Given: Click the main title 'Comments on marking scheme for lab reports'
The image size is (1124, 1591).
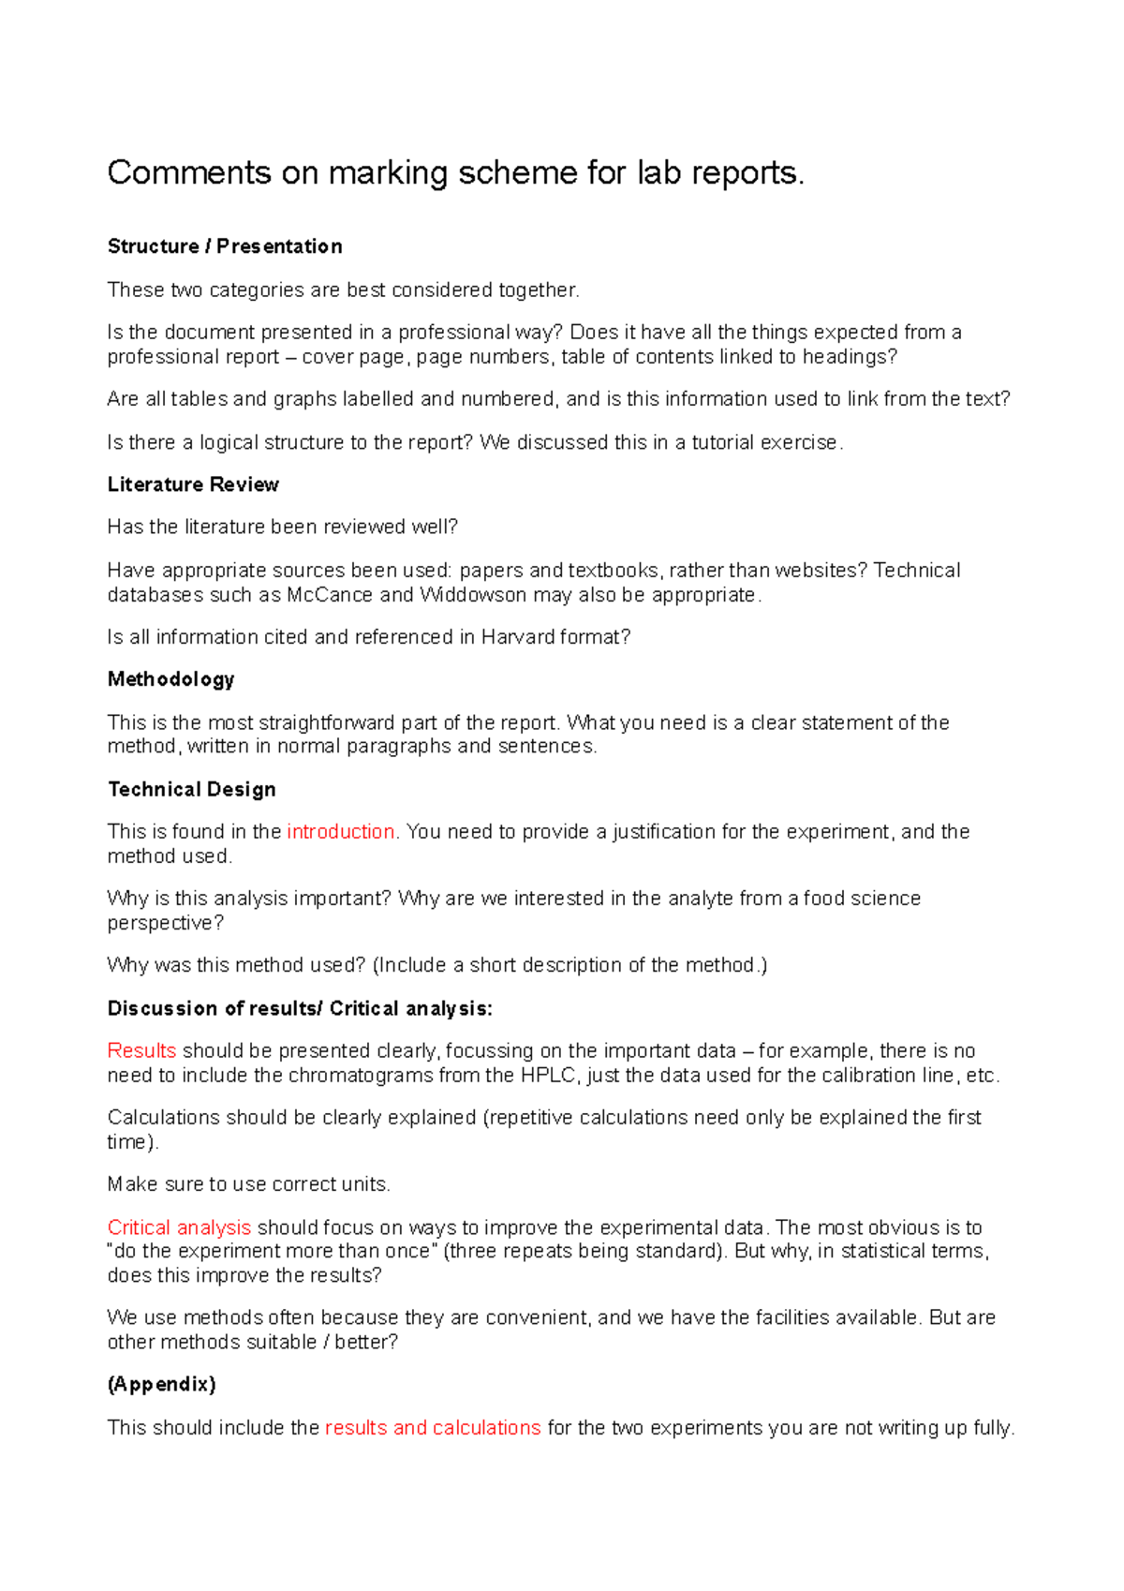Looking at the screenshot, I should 455,173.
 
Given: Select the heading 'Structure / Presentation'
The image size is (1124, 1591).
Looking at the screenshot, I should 225,246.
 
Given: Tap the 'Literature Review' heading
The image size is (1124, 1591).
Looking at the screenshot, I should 193,484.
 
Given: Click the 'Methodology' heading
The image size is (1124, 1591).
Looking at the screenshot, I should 170,679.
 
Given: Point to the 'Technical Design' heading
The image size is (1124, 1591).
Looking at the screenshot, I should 191,789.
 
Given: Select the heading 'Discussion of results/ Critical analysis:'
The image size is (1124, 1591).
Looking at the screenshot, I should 300,1008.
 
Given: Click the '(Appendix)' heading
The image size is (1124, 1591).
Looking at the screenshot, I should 161,1384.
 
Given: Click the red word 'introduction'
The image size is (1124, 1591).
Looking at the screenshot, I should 341,832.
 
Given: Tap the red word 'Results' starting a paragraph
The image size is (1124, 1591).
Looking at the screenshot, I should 141,1050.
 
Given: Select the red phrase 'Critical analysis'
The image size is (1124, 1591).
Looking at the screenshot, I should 179,1227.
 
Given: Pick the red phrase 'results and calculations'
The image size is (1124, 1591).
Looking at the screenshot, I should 433,1428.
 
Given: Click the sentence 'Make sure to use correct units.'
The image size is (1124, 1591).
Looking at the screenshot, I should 248,1184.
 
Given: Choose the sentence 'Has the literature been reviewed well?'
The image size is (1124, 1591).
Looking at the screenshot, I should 282,527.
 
